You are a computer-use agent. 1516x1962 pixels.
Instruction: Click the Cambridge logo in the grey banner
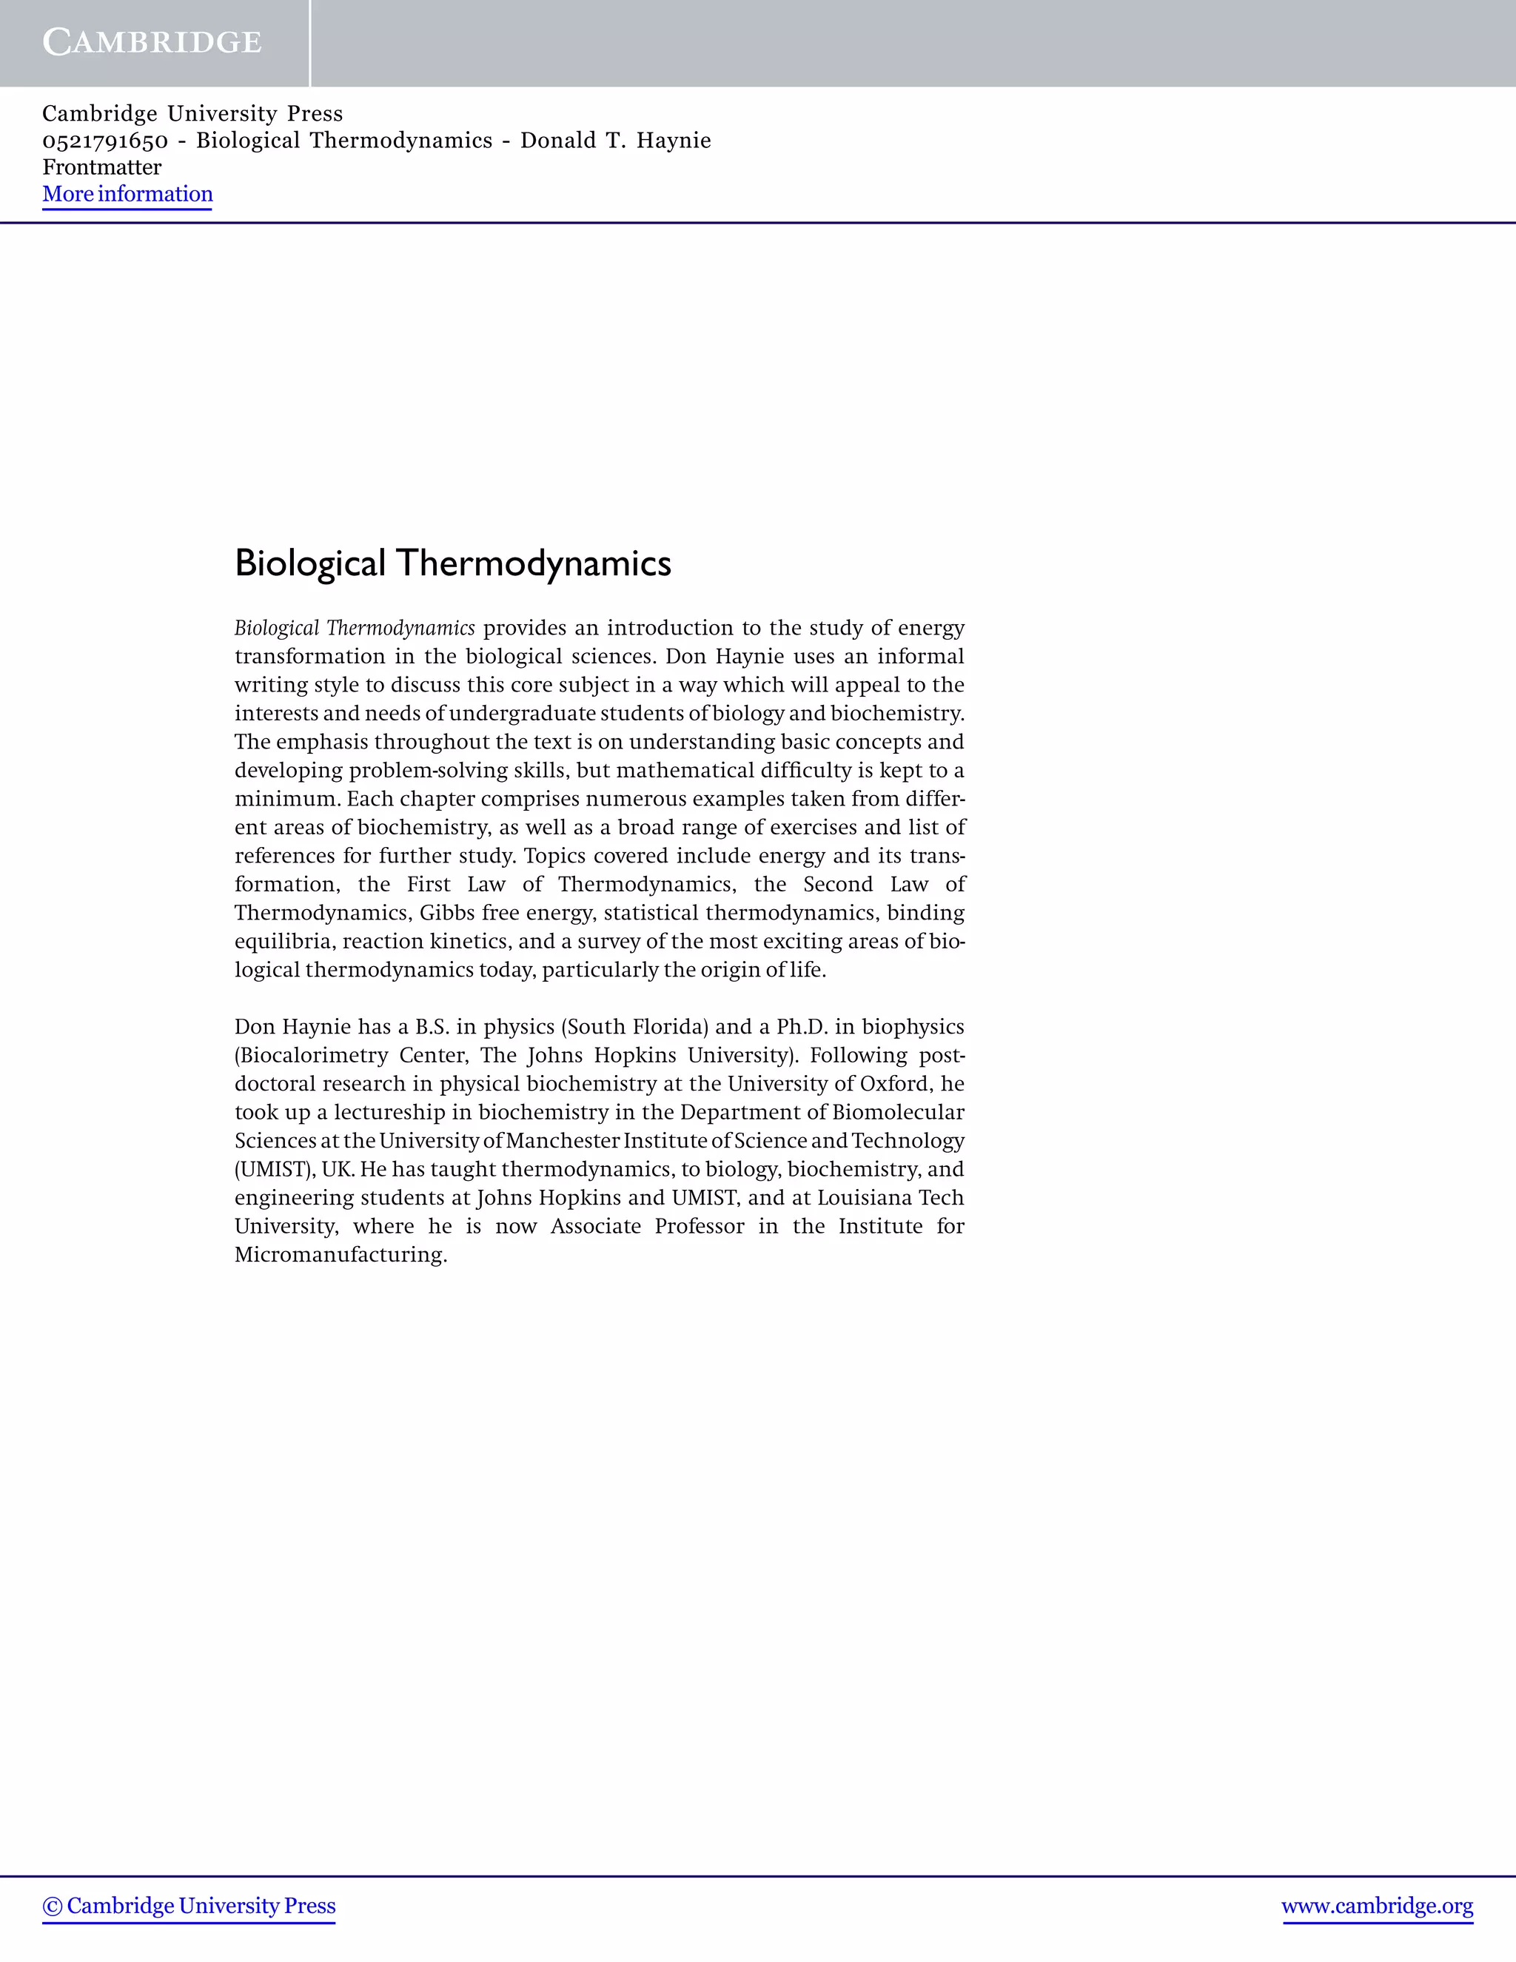pos(152,42)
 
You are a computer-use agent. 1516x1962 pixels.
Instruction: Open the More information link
pos(127,194)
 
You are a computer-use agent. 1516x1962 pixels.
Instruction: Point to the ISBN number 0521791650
pos(105,141)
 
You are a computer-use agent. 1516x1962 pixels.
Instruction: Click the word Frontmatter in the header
pos(101,168)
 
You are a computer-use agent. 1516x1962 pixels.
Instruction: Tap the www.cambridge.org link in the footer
pos(1377,1906)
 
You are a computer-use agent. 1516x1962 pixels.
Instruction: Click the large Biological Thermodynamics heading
pos(452,563)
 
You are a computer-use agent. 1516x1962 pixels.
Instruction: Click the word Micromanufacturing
pos(341,1255)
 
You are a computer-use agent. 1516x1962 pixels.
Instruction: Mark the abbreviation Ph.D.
pos(802,1027)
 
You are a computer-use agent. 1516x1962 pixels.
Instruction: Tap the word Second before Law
pos(838,884)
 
